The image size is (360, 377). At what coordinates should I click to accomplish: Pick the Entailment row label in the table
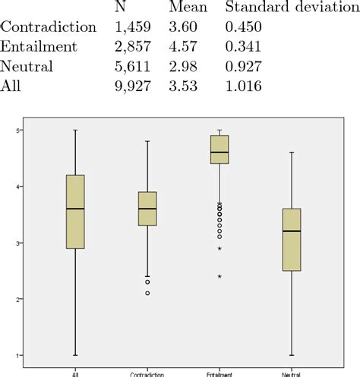click(42, 47)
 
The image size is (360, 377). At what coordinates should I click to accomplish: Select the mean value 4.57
click(185, 47)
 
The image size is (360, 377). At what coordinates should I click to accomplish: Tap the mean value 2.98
click(185, 67)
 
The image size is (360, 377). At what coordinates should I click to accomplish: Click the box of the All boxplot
click(75, 212)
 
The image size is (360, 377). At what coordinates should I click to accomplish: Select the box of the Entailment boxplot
click(219, 149)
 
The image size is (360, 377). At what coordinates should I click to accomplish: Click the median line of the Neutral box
click(292, 231)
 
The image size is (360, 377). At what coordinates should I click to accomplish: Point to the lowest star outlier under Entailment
click(219, 276)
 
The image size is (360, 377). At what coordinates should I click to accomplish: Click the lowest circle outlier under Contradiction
click(147, 293)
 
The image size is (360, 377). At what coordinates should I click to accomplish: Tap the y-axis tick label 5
click(16, 130)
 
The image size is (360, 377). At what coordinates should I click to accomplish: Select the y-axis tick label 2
click(16, 300)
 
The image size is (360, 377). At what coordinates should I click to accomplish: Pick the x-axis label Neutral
click(292, 372)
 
